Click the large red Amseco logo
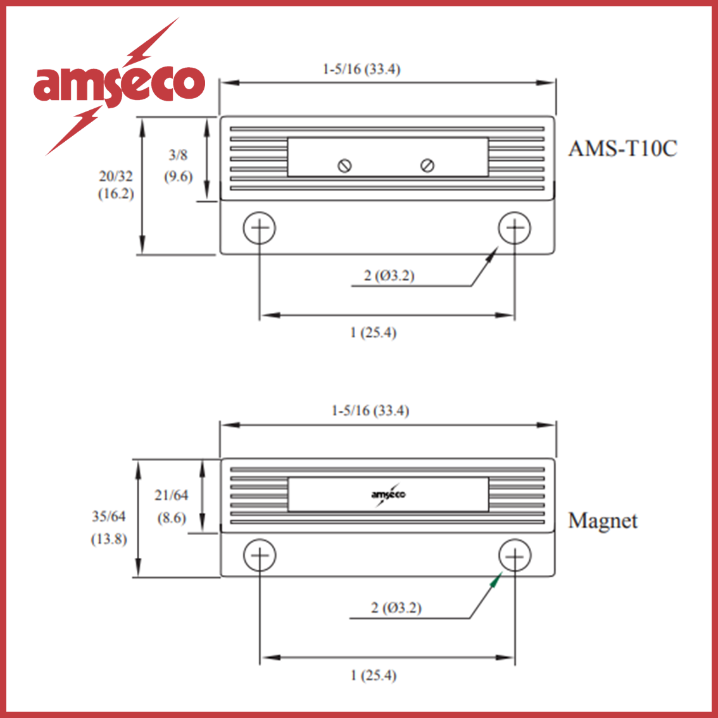coord(119,84)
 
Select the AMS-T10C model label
coord(622,149)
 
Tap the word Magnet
coord(602,521)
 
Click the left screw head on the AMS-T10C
coord(345,166)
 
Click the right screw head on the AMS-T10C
coord(427,166)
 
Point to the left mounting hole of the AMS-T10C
coord(259,228)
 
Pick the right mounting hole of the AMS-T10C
coord(514,228)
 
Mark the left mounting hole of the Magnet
coord(259,555)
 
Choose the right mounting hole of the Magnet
coord(514,555)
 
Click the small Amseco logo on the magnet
coord(388,494)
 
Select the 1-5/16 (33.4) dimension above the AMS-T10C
coord(362,69)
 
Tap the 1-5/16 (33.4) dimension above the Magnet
coord(370,411)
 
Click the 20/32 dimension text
coord(116,177)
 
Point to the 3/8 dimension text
coord(178,155)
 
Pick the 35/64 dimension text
coord(109,517)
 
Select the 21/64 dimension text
coord(172,496)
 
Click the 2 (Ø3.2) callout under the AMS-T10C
coord(389,275)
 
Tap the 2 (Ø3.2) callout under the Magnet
coord(396,608)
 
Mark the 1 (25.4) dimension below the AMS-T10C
coord(373,332)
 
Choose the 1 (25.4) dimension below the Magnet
coord(373,676)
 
